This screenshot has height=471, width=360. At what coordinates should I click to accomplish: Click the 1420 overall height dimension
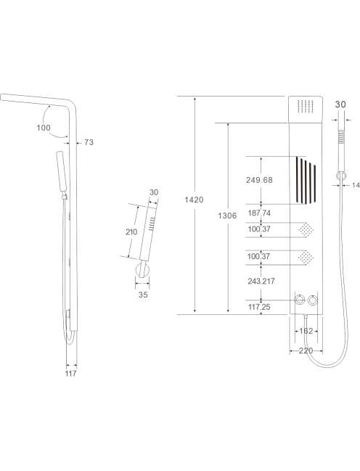click(194, 200)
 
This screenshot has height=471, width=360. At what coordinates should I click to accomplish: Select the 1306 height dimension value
click(227, 216)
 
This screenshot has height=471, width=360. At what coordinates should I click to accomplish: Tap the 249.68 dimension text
click(259, 180)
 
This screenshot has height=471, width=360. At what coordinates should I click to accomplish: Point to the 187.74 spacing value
click(259, 213)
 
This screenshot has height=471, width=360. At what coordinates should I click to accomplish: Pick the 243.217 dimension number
click(261, 281)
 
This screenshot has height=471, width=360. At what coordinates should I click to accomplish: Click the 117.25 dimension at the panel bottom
click(259, 307)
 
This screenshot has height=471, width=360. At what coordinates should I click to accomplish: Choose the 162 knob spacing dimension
click(306, 331)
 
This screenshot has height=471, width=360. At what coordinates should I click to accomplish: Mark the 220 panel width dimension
click(306, 351)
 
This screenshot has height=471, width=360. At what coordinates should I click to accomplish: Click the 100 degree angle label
click(44, 128)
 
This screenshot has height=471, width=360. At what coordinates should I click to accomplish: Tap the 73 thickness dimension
click(89, 142)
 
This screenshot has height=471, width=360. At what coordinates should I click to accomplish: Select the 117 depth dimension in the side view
click(71, 373)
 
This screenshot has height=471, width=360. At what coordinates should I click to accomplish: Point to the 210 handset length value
click(131, 232)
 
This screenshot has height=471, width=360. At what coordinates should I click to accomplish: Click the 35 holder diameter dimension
click(143, 295)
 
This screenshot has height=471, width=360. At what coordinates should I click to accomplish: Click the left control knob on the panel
click(300, 300)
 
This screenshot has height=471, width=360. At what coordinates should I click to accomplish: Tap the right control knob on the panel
click(313, 300)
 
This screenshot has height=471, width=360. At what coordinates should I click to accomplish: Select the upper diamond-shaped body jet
click(306, 230)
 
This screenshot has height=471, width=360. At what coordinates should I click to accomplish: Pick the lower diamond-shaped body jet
click(306, 258)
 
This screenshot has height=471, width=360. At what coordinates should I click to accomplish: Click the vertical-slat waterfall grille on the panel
click(306, 180)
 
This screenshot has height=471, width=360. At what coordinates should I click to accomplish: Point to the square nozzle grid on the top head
click(306, 106)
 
